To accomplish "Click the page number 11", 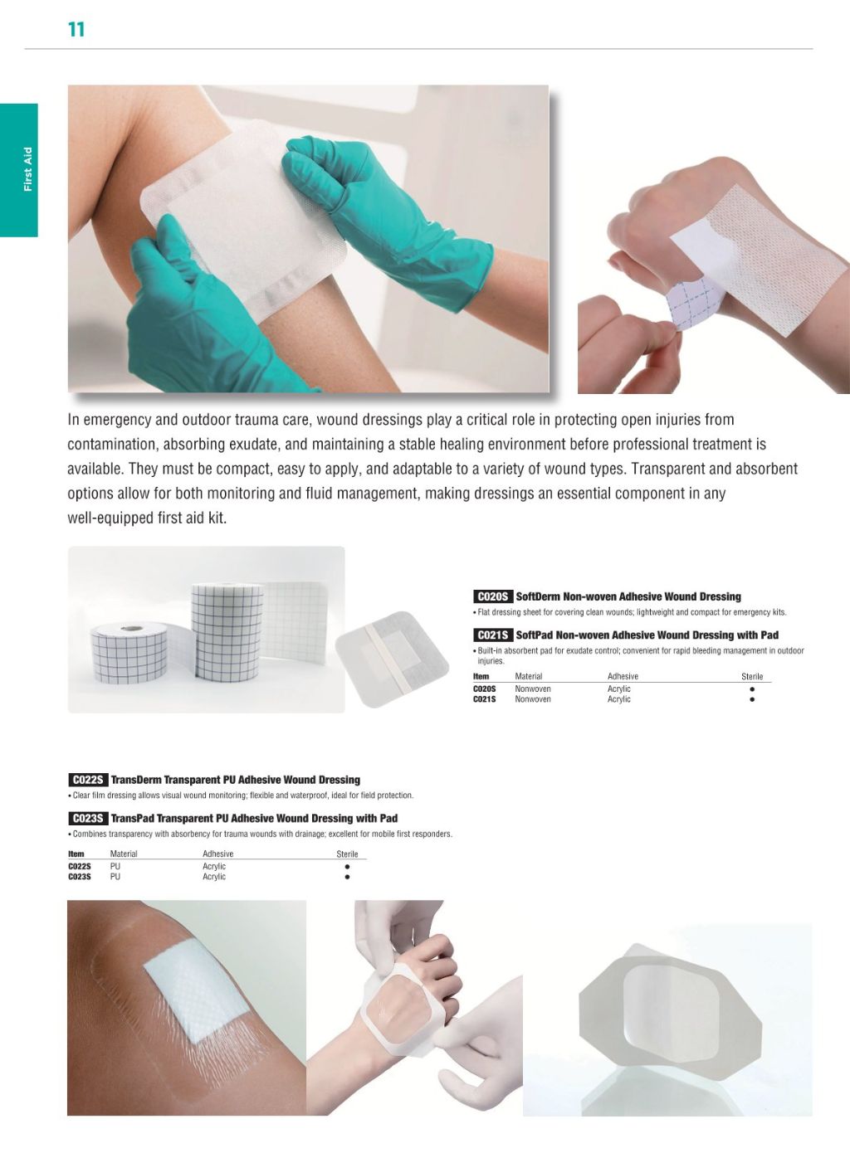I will coord(76,30).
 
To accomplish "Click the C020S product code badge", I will coord(493,596).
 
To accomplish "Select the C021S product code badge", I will coord(493,635).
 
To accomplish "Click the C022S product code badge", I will coord(87,780).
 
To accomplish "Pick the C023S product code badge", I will coord(87,818).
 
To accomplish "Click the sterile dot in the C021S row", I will coord(752,699).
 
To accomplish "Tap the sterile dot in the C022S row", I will coord(347,866).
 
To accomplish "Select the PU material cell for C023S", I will coord(115,877).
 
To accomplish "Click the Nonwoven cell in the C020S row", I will coord(533,689).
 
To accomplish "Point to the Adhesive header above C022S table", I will coord(218,854).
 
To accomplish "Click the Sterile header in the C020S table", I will coord(752,677).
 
